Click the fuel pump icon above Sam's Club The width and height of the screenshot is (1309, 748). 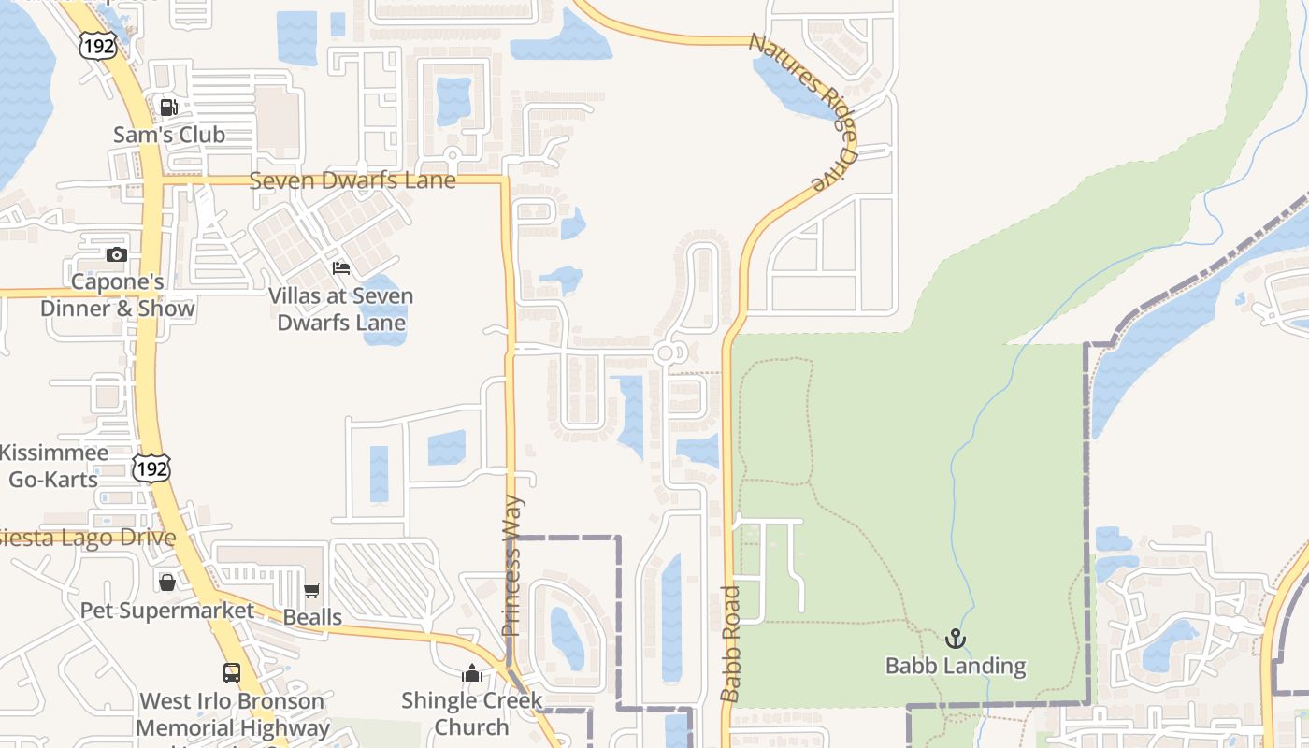[169, 107]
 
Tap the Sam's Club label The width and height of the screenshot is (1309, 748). [169, 135]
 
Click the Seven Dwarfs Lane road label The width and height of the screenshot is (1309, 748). [352, 180]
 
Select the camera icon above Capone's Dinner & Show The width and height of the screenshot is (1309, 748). [117, 254]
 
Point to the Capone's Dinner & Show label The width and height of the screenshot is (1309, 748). [118, 295]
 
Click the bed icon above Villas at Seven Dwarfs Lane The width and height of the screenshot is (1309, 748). [341, 268]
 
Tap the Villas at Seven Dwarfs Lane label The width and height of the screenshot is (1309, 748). [341, 309]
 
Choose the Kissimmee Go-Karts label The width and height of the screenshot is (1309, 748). [54, 466]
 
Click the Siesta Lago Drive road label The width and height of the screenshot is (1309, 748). [88, 539]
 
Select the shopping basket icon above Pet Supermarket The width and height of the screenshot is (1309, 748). [167, 583]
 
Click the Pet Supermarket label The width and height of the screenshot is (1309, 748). [167, 611]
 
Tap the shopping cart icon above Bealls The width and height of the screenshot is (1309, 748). [312, 590]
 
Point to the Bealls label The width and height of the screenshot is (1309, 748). [312, 617]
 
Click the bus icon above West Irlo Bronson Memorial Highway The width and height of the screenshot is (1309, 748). [232, 672]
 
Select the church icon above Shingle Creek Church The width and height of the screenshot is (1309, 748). [472, 673]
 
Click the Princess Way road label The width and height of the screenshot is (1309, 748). [511, 566]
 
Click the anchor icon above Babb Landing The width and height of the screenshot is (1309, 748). [955, 639]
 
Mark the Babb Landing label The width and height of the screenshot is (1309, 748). [956, 667]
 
